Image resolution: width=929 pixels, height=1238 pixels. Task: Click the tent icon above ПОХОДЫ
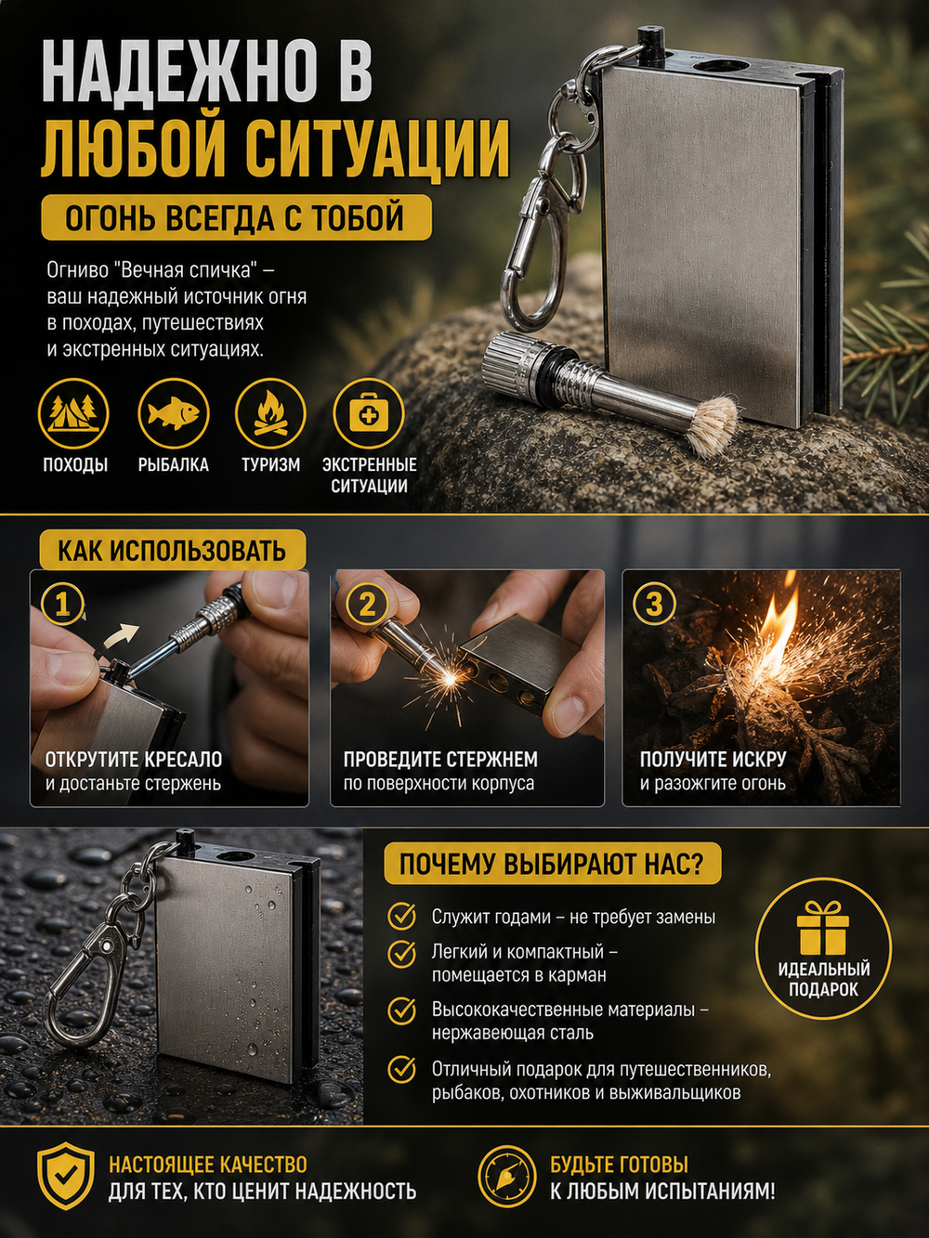[72, 414]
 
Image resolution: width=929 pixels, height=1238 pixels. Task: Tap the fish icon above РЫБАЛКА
[173, 414]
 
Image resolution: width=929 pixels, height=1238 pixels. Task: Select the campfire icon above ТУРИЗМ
[270, 414]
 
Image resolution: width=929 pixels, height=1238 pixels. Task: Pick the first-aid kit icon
[369, 414]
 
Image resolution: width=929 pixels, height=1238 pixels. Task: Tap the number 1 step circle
[62, 606]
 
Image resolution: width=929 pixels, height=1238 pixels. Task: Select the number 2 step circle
[367, 606]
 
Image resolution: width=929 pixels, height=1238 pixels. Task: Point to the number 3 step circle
[654, 606]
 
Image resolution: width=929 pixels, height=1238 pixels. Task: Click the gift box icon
[822, 927]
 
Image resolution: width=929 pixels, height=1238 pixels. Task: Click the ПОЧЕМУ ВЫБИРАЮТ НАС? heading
[552, 864]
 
